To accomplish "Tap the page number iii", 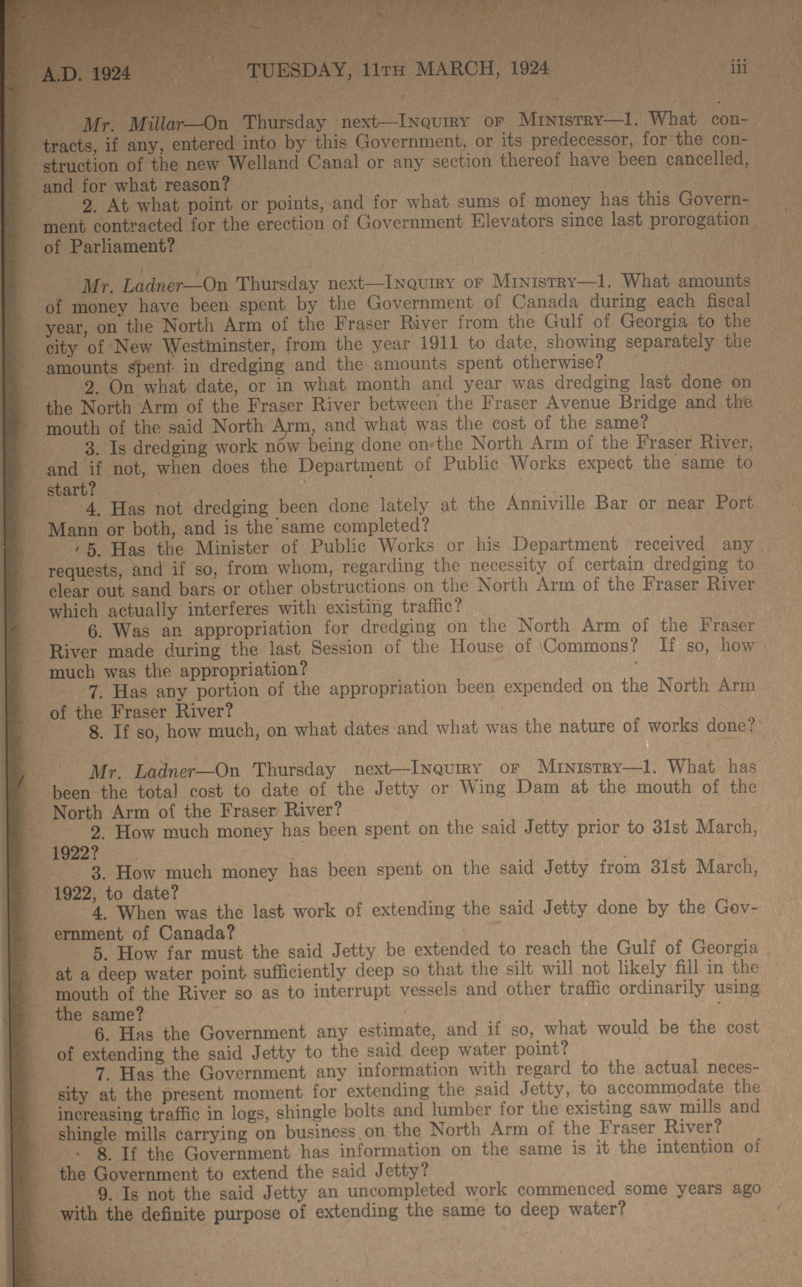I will click(738, 67).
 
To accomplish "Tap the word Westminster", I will click(217, 347).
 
